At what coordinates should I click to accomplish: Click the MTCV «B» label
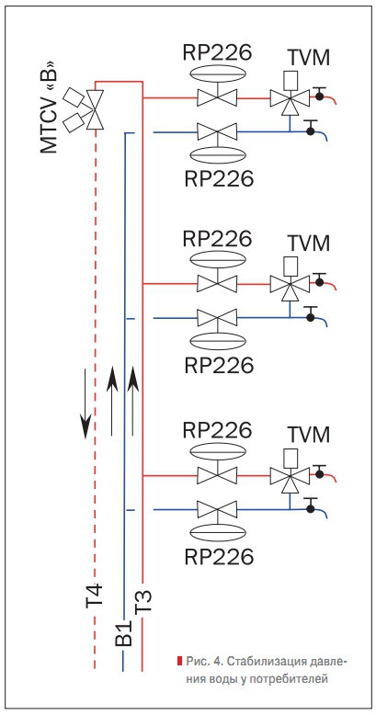click(x=49, y=107)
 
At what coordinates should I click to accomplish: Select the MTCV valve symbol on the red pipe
click(x=96, y=109)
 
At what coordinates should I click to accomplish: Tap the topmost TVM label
click(x=309, y=59)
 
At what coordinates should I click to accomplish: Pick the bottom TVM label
click(x=309, y=435)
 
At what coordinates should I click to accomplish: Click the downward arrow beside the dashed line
click(x=85, y=403)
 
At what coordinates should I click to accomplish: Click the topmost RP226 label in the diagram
click(x=217, y=52)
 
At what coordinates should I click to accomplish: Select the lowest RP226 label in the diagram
click(x=219, y=556)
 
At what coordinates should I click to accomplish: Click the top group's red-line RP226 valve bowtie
click(x=217, y=97)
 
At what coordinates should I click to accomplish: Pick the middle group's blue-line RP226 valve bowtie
click(x=217, y=317)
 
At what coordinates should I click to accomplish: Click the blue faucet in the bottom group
click(x=316, y=506)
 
